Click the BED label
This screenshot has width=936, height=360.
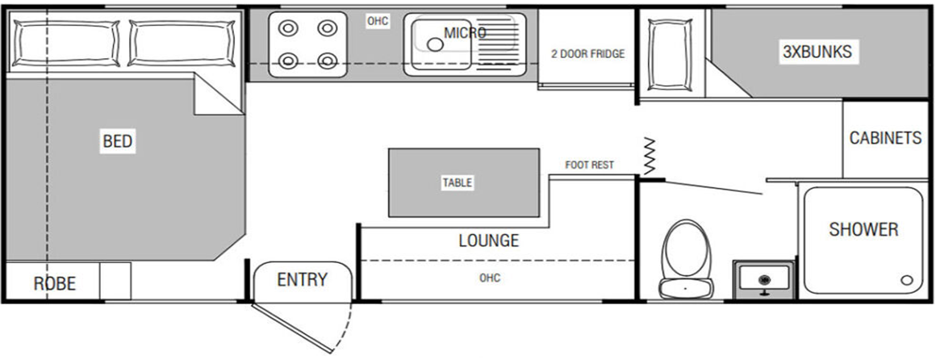pyautogui.click(x=118, y=142)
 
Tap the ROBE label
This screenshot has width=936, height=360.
pyautogui.click(x=54, y=283)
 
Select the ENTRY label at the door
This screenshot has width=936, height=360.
pyautogui.click(x=303, y=280)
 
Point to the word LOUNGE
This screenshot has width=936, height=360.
pyautogui.click(x=488, y=241)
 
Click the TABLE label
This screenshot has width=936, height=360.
pyautogui.click(x=458, y=183)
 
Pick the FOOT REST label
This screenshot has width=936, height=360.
pyautogui.click(x=589, y=165)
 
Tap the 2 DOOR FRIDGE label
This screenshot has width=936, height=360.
pyautogui.click(x=587, y=54)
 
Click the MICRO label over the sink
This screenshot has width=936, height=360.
pyautogui.click(x=465, y=32)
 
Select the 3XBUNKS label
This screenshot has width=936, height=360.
pyautogui.click(x=817, y=52)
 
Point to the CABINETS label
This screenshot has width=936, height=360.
pyautogui.click(x=885, y=138)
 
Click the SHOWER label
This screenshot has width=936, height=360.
pyautogui.click(x=863, y=229)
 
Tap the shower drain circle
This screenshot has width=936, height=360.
pyautogui.click(x=906, y=280)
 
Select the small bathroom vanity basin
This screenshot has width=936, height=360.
pyautogui.click(x=763, y=280)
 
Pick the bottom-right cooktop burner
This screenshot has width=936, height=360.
pyautogui.click(x=326, y=61)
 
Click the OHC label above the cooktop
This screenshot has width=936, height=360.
pyautogui.click(x=378, y=21)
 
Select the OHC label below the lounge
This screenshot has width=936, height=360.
pyautogui.click(x=489, y=278)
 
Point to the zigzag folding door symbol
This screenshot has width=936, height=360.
pyautogui.click(x=650, y=155)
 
